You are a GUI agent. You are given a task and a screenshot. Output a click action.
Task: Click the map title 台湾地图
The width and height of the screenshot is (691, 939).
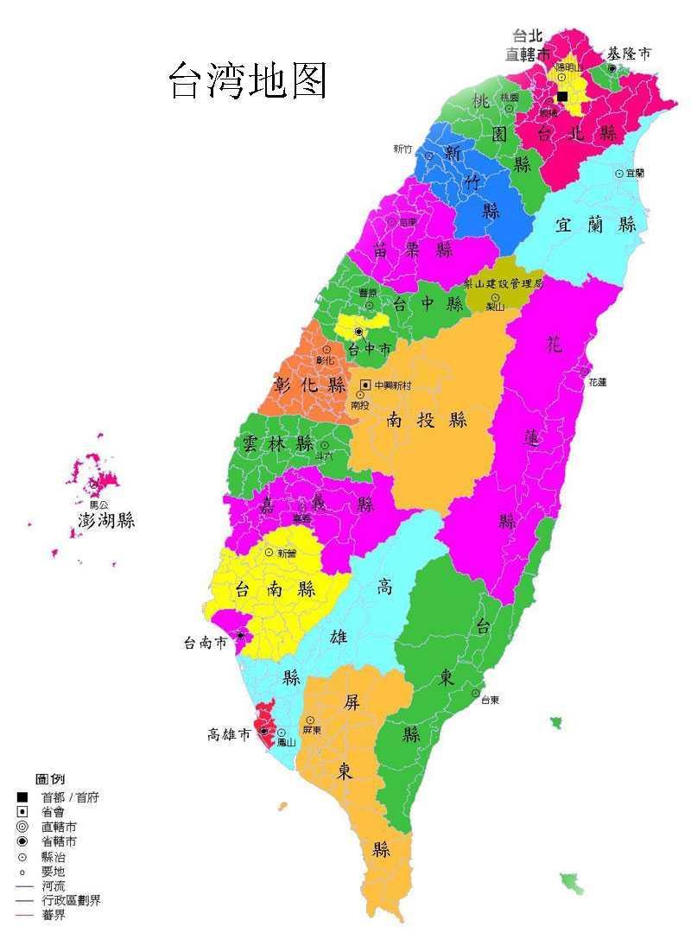click(247, 81)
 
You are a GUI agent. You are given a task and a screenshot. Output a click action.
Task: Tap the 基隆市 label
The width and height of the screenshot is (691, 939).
click(629, 54)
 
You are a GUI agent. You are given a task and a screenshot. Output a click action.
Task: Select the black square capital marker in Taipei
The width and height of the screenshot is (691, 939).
click(562, 96)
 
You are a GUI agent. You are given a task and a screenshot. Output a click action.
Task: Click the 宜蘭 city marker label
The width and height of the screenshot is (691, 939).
click(635, 173)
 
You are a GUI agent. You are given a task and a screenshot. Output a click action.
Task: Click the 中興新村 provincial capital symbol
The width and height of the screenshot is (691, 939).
click(366, 384)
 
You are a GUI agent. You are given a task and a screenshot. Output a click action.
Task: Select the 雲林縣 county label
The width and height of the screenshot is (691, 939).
click(277, 444)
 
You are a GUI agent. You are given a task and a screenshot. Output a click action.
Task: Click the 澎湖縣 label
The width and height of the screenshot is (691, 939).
click(105, 521)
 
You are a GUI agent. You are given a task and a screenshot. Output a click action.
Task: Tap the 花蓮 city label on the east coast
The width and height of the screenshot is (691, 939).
click(598, 382)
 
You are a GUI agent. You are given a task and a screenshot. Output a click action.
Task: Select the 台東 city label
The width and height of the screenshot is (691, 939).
click(490, 700)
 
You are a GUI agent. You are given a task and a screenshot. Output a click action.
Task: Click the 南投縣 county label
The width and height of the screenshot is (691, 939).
click(427, 420)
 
